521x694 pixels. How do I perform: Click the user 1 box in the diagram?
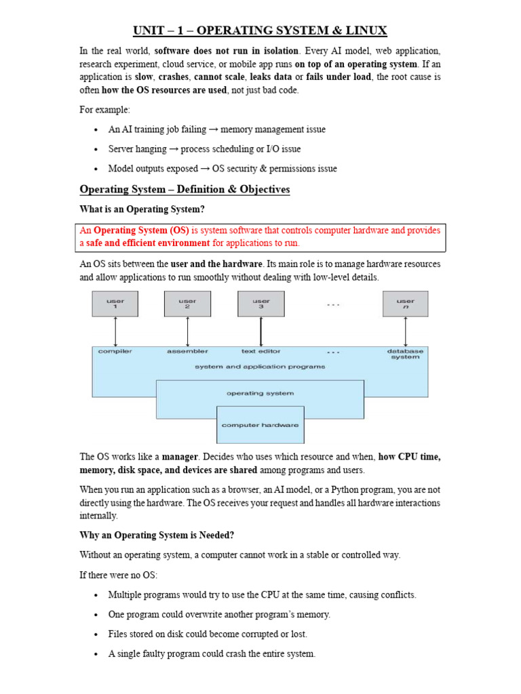pos(115,304)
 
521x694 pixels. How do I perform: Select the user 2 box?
pos(187,304)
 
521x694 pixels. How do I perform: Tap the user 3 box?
pos(260,304)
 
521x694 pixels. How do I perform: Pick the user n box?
pos(405,304)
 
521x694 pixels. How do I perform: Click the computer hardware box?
pos(260,425)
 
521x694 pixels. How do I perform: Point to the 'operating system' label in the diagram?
pos(260,393)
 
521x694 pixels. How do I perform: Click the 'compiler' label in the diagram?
pos(115,351)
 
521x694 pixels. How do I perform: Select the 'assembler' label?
pos(187,351)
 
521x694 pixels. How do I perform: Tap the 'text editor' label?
pos(260,351)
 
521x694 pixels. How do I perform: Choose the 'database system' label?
pos(405,354)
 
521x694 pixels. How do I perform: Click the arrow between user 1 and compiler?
pos(115,331)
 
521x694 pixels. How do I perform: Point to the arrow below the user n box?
pos(405,331)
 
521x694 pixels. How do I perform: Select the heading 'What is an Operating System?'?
pos(142,209)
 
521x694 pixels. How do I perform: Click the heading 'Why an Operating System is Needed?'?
pos(157,535)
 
